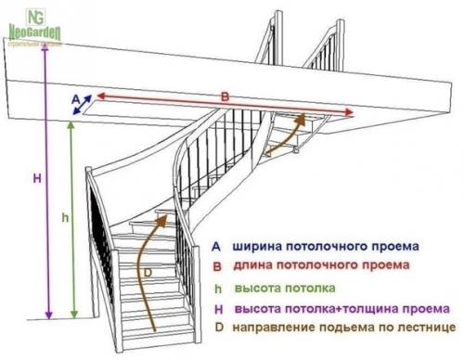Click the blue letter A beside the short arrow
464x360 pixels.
74,96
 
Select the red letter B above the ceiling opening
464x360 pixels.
225,95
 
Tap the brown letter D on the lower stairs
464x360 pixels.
147,272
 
